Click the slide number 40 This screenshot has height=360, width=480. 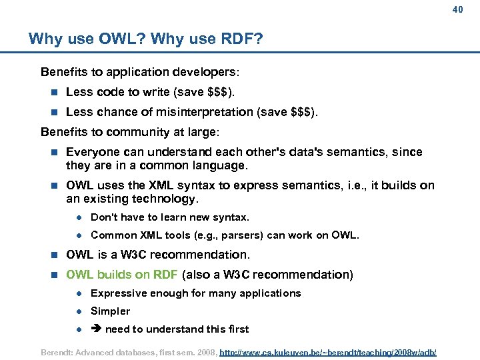click(457, 9)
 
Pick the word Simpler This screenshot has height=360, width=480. click(110, 311)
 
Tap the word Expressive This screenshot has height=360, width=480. click(117, 293)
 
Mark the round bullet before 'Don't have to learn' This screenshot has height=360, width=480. click(78, 217)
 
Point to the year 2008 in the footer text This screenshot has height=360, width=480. click(204, 351)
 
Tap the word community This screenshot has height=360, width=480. click(126, 132)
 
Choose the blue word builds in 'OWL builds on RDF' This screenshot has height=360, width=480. click(115, 275)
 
